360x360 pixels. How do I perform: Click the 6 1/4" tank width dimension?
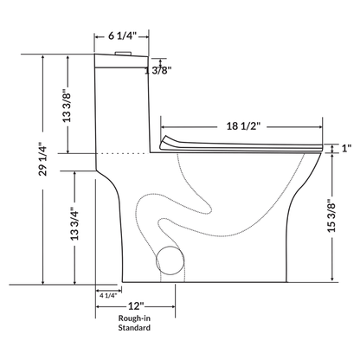coord(121,37)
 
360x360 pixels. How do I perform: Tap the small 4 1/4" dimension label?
coord(108,296)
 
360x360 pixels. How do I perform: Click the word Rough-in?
coord(136,319)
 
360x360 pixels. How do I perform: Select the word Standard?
coord(136,329)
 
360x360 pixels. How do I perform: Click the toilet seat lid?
coord(242,142)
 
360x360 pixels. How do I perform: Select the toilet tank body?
coord(121,104)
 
